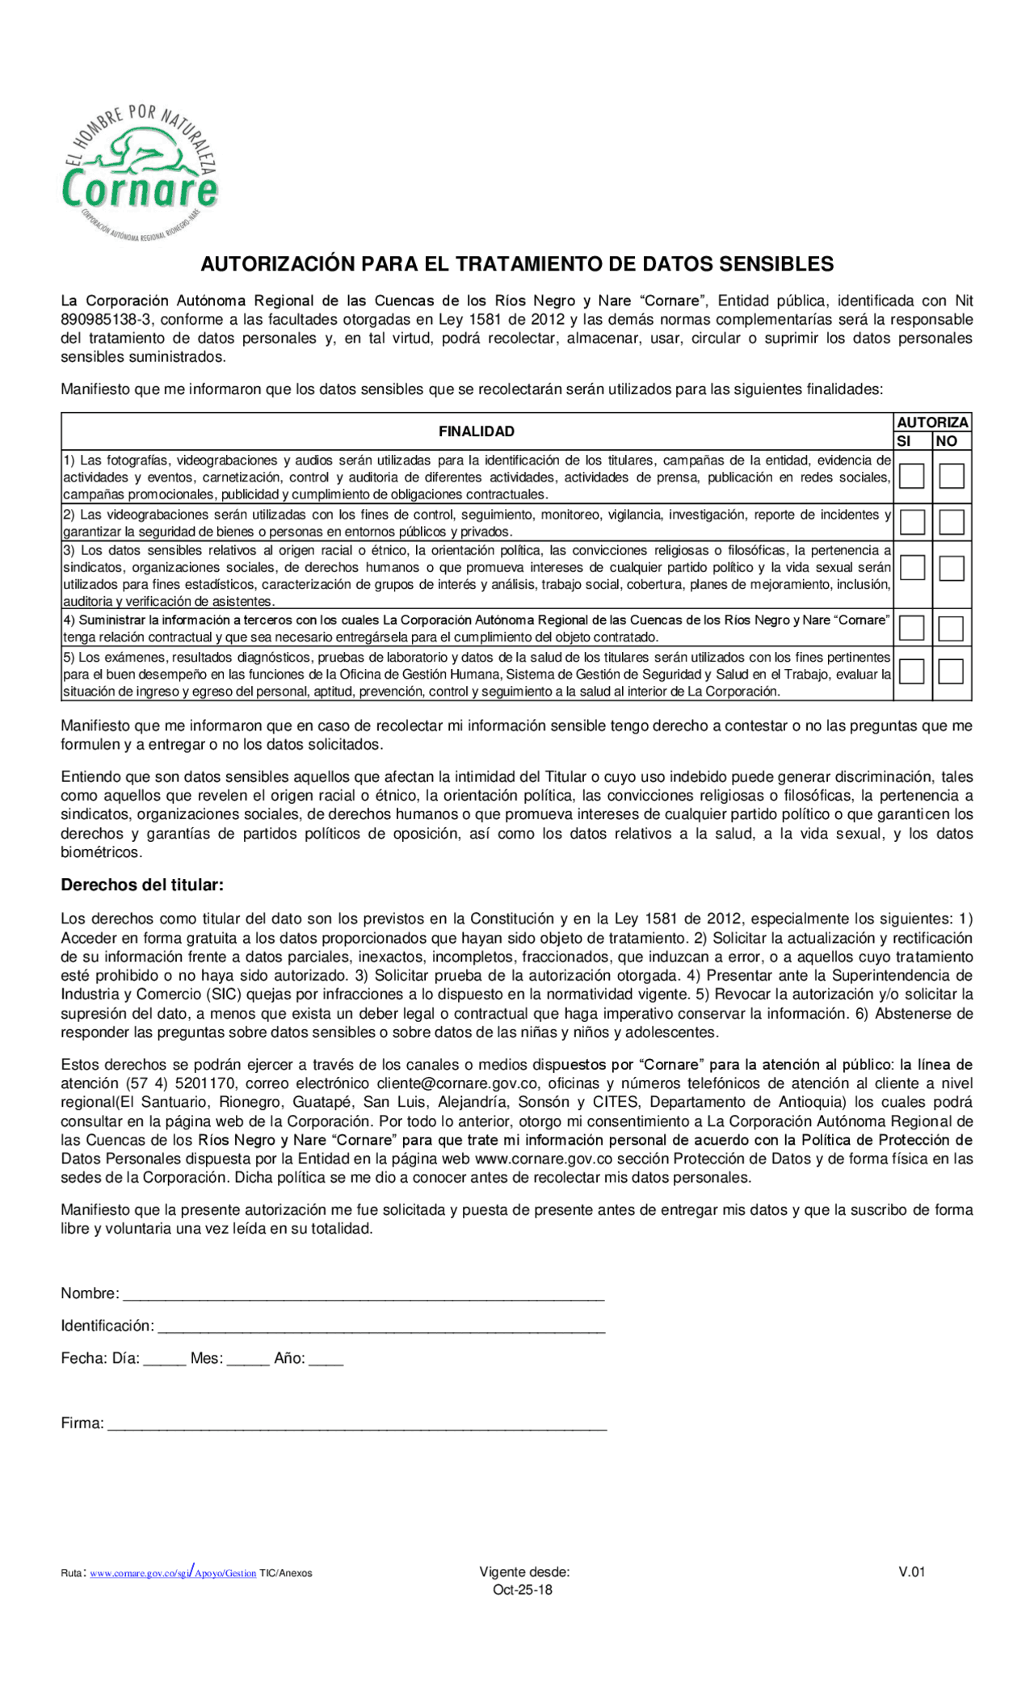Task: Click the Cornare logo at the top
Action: [x=141, y=172]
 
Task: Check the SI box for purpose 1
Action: [x=911, y=476]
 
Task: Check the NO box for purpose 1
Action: [x=951, y=476]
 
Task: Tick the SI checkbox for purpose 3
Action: [x=911, y=568]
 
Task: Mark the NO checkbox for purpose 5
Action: [x=951, y=671]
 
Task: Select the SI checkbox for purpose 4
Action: [x=911, y=628]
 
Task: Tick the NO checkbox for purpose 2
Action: [x=951, y=522]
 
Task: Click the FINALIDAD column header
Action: [x=477, y=431]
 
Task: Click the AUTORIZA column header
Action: [x=932, y=423]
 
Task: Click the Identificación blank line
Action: [x=380, y=1326]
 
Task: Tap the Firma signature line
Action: [x=356, y=1423]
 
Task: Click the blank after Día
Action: [x=165, y=1359]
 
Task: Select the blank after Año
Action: [x=326, y=1359]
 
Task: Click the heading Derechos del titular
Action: [x=142, y=885]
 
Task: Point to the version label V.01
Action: [x=911, y=1571]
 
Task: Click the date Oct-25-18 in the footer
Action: [x=523, y=1589]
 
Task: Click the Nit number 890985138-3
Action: [x=106, y=319]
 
